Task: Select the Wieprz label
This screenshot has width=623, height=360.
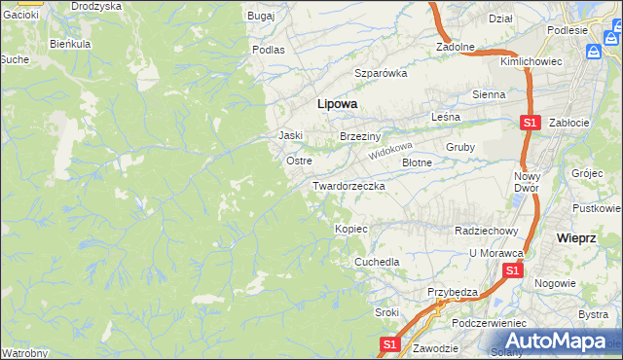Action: point(575,237)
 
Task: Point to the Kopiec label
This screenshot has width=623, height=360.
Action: point(350,229)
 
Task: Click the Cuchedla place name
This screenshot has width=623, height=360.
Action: point(377,262)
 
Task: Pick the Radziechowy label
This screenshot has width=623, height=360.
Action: point(486,231)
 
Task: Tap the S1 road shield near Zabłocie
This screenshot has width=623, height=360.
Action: point(529,124)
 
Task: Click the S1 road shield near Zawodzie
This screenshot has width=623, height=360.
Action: point(388,344)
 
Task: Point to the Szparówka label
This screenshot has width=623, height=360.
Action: point(381,73)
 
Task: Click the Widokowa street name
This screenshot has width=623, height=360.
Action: point(391,152)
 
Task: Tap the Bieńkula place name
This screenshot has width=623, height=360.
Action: point(70,45)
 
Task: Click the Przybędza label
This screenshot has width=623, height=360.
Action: point(453,292)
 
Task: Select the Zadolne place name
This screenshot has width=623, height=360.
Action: point(455,46)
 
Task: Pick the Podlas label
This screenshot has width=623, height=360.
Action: point(268,49)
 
